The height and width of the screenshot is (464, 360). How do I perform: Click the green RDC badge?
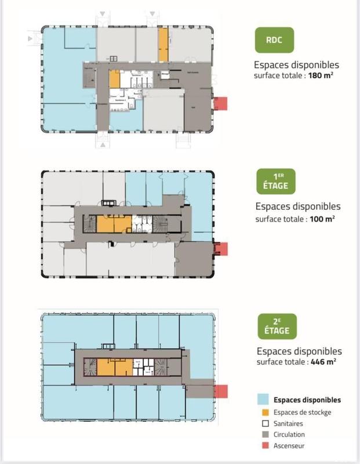point(274,41)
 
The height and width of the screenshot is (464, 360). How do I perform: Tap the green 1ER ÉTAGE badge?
point(277,182)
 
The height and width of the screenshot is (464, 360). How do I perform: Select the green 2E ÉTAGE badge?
point(277,327)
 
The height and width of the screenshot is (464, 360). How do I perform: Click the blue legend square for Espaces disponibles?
point(263,400)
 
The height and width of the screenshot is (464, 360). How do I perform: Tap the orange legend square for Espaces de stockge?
point(263,412)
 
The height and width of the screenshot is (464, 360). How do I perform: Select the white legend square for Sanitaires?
point(263,423)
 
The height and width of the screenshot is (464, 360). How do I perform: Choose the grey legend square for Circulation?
point(263,434)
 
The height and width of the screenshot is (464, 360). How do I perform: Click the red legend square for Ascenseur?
point(263,445)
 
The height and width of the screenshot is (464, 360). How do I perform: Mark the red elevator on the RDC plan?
point(220,104)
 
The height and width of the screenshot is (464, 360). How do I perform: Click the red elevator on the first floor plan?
point(221,249)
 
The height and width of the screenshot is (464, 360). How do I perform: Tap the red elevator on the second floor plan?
point(221,391)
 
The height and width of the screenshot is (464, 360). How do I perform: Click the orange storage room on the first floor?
point(114,224)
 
